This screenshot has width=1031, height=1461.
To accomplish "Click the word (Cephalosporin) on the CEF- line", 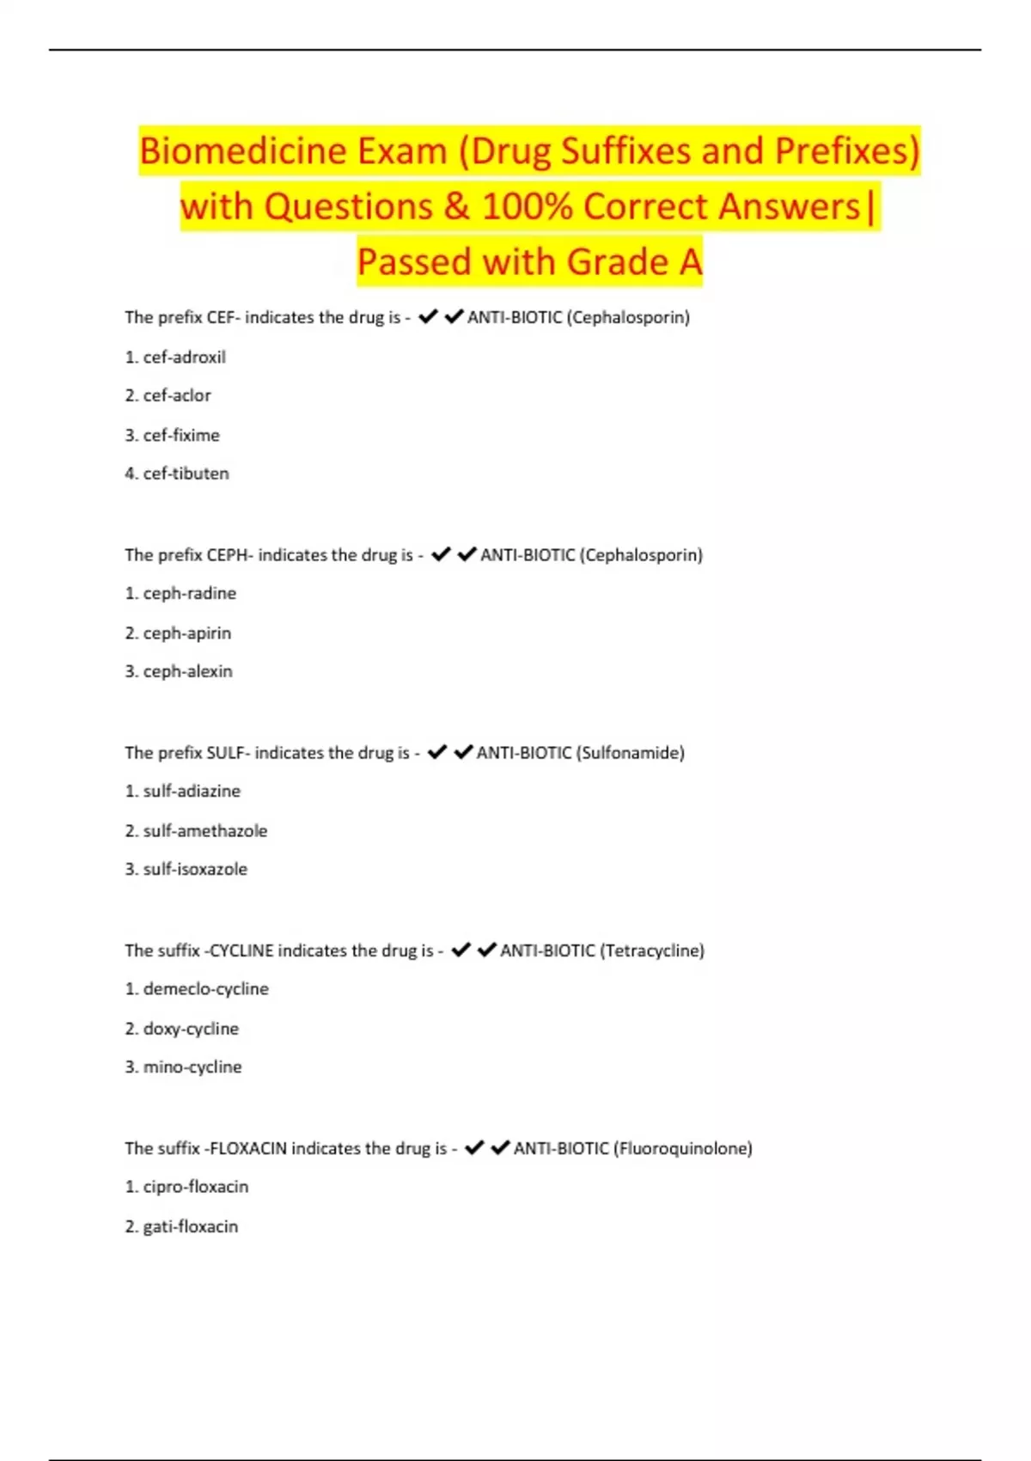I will coord(628,317).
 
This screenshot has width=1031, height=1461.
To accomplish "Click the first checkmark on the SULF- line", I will coord(436,752).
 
